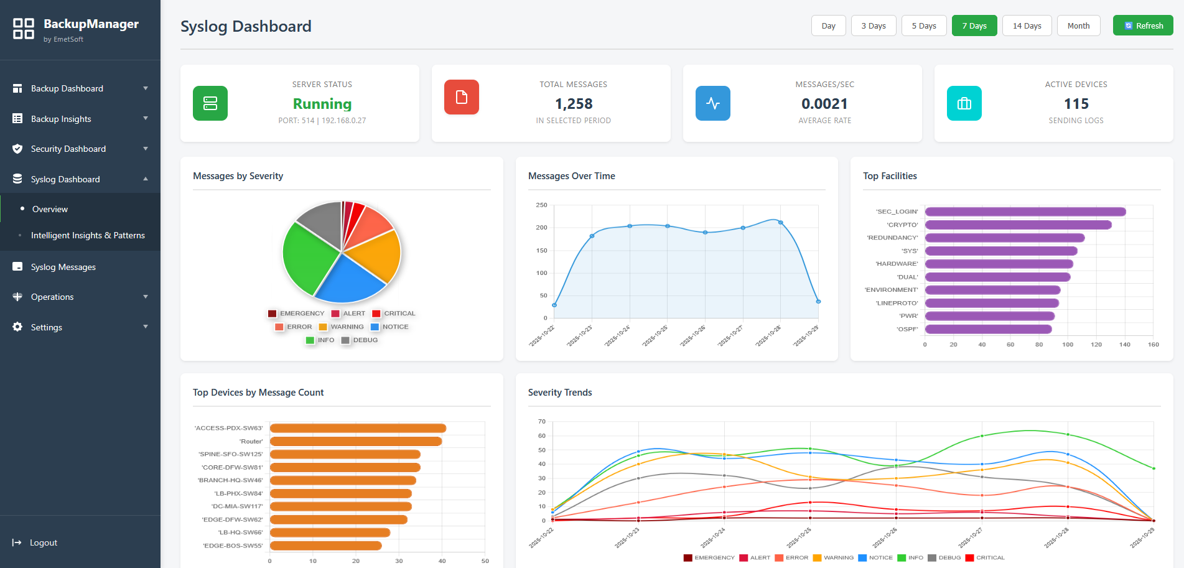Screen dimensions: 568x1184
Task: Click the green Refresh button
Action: click(x=1143, y=26)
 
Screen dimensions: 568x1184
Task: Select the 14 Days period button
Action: click(x=1027, y=26)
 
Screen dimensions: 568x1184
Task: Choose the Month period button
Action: click(x=1078, y=26)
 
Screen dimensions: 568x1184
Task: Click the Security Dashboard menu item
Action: click(x=68, y=149)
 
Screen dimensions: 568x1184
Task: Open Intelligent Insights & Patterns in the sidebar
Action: click(x=88, y=235)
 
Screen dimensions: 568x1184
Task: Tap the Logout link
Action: click(x=43, y=542)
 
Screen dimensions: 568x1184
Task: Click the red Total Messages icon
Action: click(x=462, y=97)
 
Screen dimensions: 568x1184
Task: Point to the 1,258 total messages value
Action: click(x=574, y=104)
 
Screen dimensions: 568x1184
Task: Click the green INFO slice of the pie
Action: click(x=308, y=255)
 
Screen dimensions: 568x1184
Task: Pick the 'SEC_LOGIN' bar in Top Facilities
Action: click(x=1025, y=212)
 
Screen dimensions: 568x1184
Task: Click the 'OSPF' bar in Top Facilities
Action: click(x=988, y=329)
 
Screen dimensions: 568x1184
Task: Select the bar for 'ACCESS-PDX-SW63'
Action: click(x=358, y=428)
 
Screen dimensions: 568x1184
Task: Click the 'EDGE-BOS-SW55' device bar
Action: click(x=325, y=546)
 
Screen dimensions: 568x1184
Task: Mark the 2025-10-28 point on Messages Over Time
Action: click(x=781, y=222)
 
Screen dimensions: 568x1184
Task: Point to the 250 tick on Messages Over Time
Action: click(x=541, y=205)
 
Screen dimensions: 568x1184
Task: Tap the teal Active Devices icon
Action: click(x=964, y=103)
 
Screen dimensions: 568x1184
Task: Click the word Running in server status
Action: click(x=322, y=104)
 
